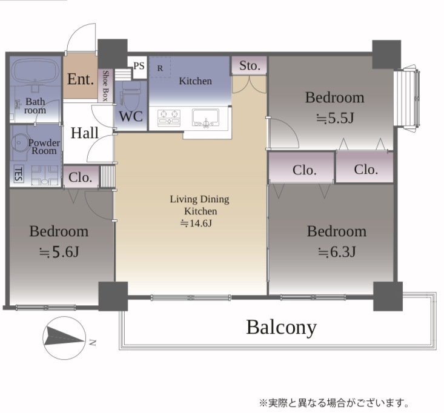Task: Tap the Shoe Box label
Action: (105, 86)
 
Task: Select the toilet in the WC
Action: (131, 96)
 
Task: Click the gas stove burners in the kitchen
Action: (169, 117)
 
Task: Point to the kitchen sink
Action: (205, 117)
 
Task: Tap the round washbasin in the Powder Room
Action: (19, 143)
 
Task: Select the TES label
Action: (18, 174)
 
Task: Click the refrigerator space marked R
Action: (160, 67)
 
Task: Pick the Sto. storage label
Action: (250, 65)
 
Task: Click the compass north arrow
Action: (64, 337)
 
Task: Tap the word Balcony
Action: (281, 328)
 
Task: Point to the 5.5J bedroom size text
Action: (335, 118)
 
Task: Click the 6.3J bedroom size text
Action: (337, 252)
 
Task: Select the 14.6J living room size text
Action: (196, 223)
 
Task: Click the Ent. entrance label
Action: (81, 79)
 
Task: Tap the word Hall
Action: (84, 133)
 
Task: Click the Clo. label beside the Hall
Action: (80, 177)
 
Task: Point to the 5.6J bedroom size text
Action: (59, 252)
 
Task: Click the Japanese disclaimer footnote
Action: (334, 403)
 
